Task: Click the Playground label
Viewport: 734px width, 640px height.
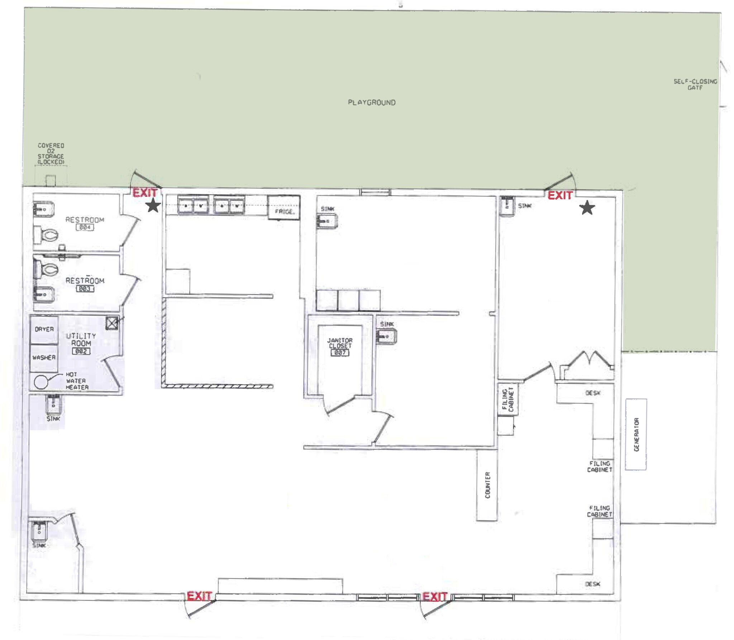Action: point(372,102)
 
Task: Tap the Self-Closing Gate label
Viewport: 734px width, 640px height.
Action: point(695,84)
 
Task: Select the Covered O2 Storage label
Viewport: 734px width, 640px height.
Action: point(51,154)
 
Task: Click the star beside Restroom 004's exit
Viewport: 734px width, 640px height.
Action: point(153,205)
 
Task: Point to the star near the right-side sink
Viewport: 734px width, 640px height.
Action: point(587,208)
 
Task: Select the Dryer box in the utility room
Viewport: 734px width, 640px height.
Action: point(44,329)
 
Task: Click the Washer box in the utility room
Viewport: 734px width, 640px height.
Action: point(44,358)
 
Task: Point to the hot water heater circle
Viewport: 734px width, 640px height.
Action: point(41,382)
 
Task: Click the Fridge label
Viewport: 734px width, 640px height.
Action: point(285,212)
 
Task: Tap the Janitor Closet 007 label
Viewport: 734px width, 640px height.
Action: point(340,346)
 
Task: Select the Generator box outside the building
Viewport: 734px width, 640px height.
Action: point(636,434)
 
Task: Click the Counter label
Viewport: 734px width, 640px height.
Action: point(487,485)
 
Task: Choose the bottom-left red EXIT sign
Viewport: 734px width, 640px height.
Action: point(199,596)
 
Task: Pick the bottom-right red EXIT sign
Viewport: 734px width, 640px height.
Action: point(434,597)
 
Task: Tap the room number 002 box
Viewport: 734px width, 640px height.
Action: point(81,351)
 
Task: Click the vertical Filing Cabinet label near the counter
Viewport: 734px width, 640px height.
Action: point(508,399)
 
